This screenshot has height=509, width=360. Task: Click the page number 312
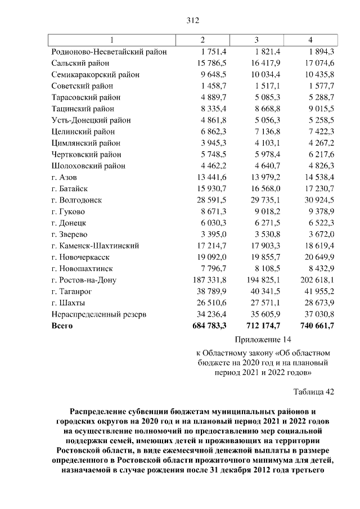[192, 21]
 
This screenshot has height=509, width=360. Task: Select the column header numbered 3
[256, 40]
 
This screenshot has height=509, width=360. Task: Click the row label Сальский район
[79, 63]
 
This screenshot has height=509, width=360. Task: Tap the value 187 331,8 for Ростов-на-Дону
[209, 280]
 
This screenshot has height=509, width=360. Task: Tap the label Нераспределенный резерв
[98, 314]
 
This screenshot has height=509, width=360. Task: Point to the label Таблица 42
[314, 392]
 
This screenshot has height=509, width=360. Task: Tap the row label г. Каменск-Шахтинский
[95, 246]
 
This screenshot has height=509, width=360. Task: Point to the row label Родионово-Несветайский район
[109, 52]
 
